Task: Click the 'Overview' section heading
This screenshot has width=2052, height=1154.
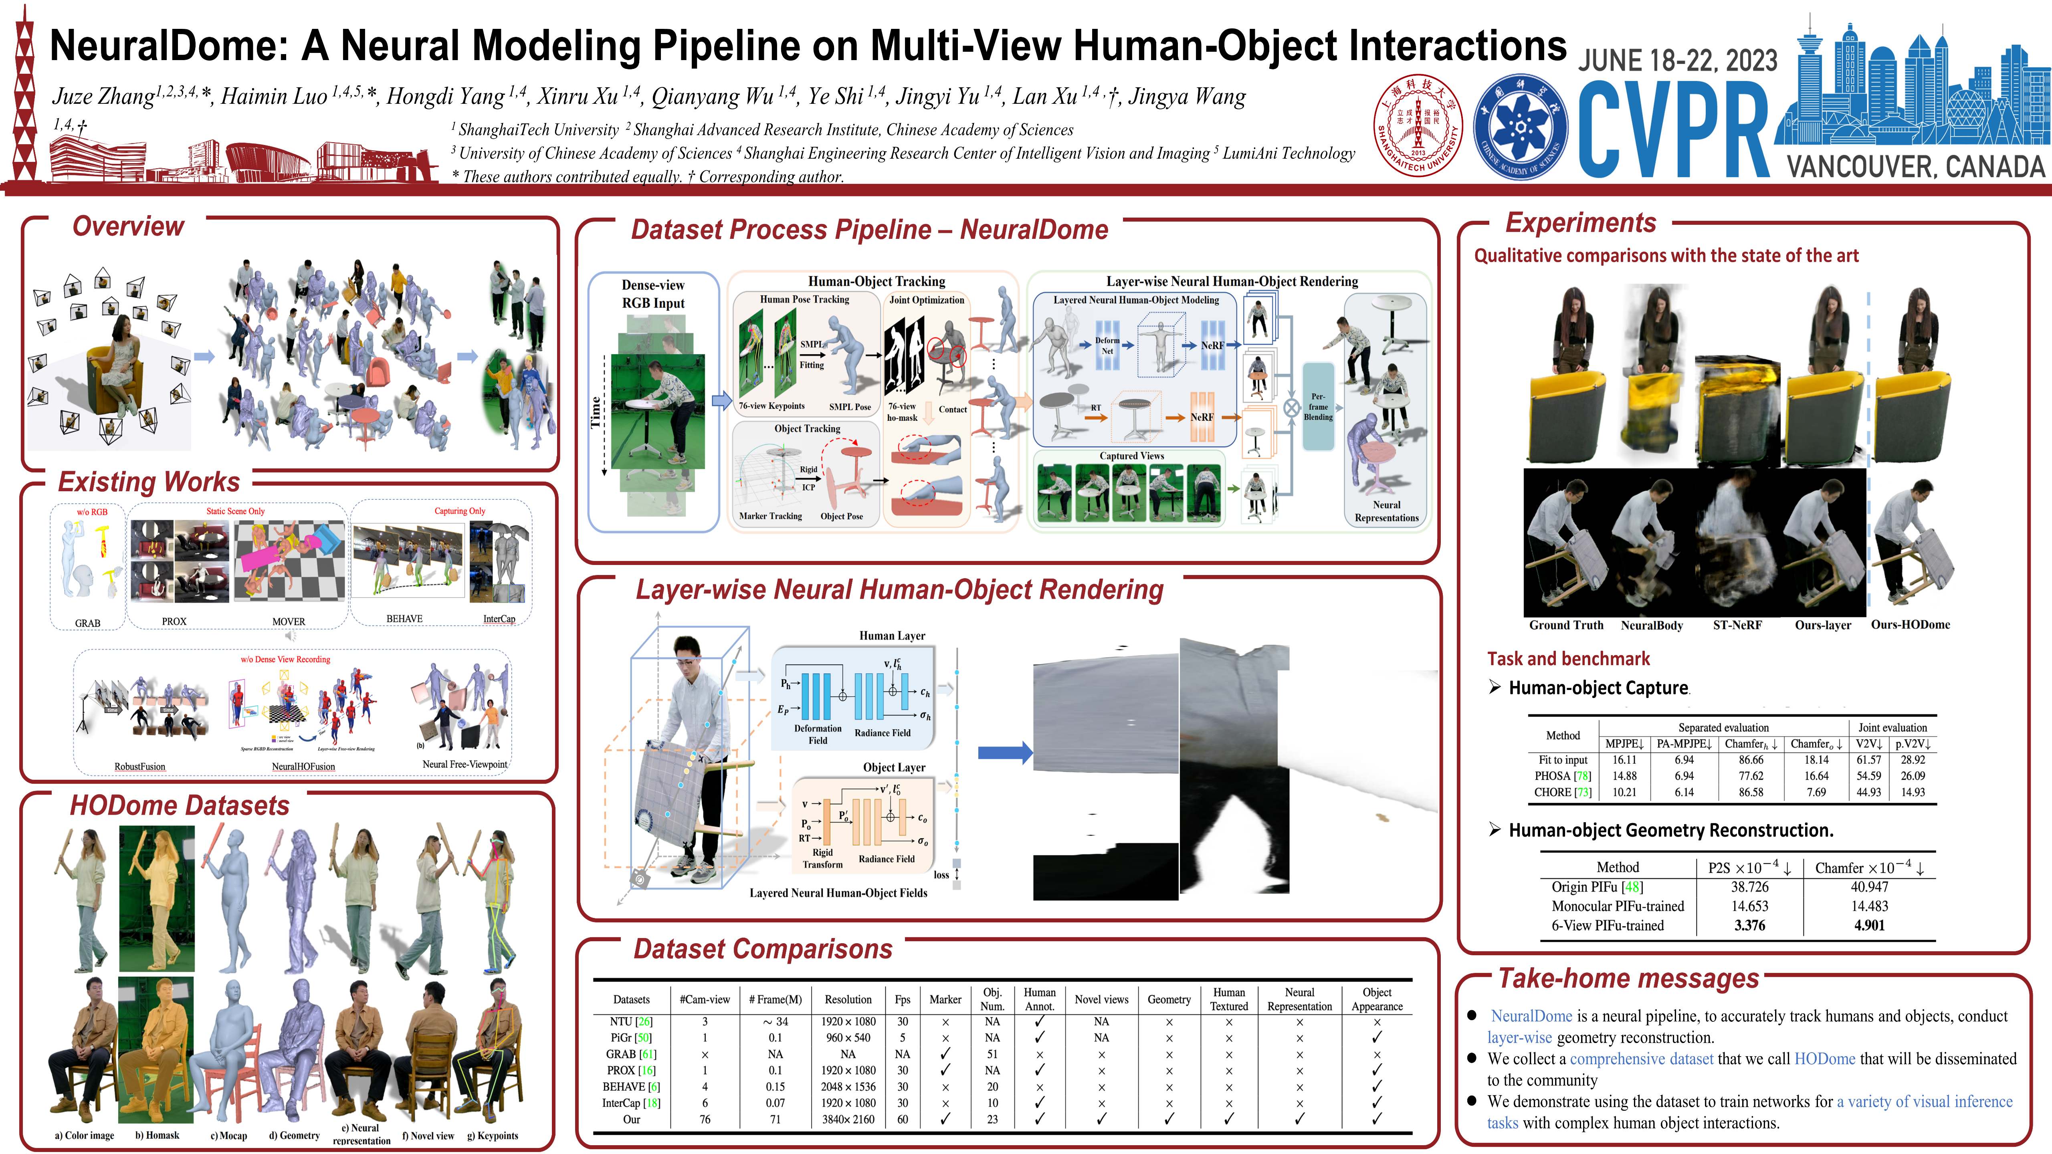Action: click(x=128, y=226)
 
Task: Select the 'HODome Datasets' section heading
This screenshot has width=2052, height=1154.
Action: click(x=180, y=805)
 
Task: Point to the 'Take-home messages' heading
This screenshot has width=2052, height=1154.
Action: click(x=1629, y=978)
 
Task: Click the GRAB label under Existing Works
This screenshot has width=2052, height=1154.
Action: click(x=88, y=623)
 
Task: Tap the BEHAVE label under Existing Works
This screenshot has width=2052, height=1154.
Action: click(x=405, y=619)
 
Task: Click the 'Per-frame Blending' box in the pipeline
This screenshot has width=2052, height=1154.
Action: click(x=1318, y=406)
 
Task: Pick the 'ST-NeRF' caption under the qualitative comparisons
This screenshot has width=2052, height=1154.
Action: click(x=1737, y=625)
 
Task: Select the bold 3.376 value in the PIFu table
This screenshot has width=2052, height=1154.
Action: click(x=1749, y=926)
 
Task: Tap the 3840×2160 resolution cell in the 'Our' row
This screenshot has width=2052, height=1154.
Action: click(x=848, y=1119)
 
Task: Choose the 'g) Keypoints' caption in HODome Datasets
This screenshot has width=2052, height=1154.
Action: click(x=492, y=1136)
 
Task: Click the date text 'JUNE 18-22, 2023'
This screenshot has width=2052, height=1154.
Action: click(x=1678, y=61)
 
